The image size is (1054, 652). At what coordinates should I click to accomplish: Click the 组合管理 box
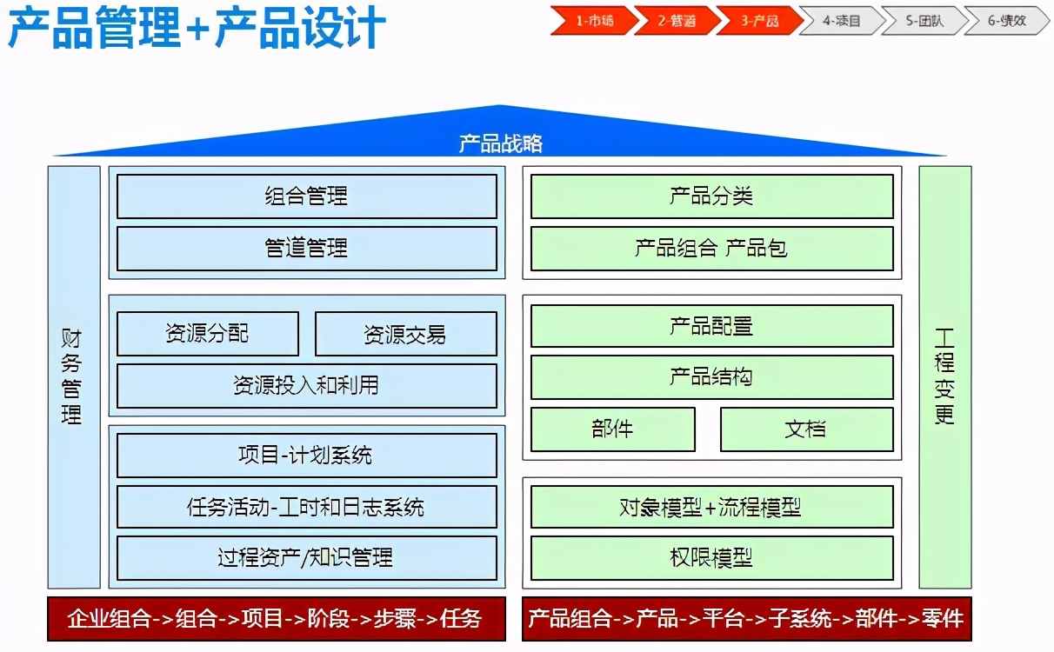point(306,196)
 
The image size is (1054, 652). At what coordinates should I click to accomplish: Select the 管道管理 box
point(306,249)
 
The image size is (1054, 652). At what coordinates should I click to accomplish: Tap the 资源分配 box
point(207,334)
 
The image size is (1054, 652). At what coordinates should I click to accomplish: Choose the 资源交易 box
point(405,334)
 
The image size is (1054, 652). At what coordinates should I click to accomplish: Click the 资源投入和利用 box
point(306,386)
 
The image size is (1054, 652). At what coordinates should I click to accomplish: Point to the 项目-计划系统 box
point(306,456)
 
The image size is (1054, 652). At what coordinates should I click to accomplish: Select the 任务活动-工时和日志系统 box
point(306,507)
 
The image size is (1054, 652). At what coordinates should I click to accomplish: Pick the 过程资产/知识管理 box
point(306,558)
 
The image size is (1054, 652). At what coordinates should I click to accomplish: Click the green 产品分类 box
point(711,196)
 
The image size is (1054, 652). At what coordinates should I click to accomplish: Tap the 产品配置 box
point(711,326)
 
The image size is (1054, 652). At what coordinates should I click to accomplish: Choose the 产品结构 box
point(711,377)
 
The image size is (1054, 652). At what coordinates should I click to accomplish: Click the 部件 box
point(612,429)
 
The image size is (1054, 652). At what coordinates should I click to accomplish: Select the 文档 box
point(806,429)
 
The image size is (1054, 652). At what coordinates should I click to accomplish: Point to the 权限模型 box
point(711,558)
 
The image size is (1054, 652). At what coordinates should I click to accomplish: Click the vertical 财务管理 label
point(73,376)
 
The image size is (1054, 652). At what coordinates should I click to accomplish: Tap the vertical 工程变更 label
point(945,376)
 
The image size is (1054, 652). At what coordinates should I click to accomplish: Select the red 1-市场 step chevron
point(592,21)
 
